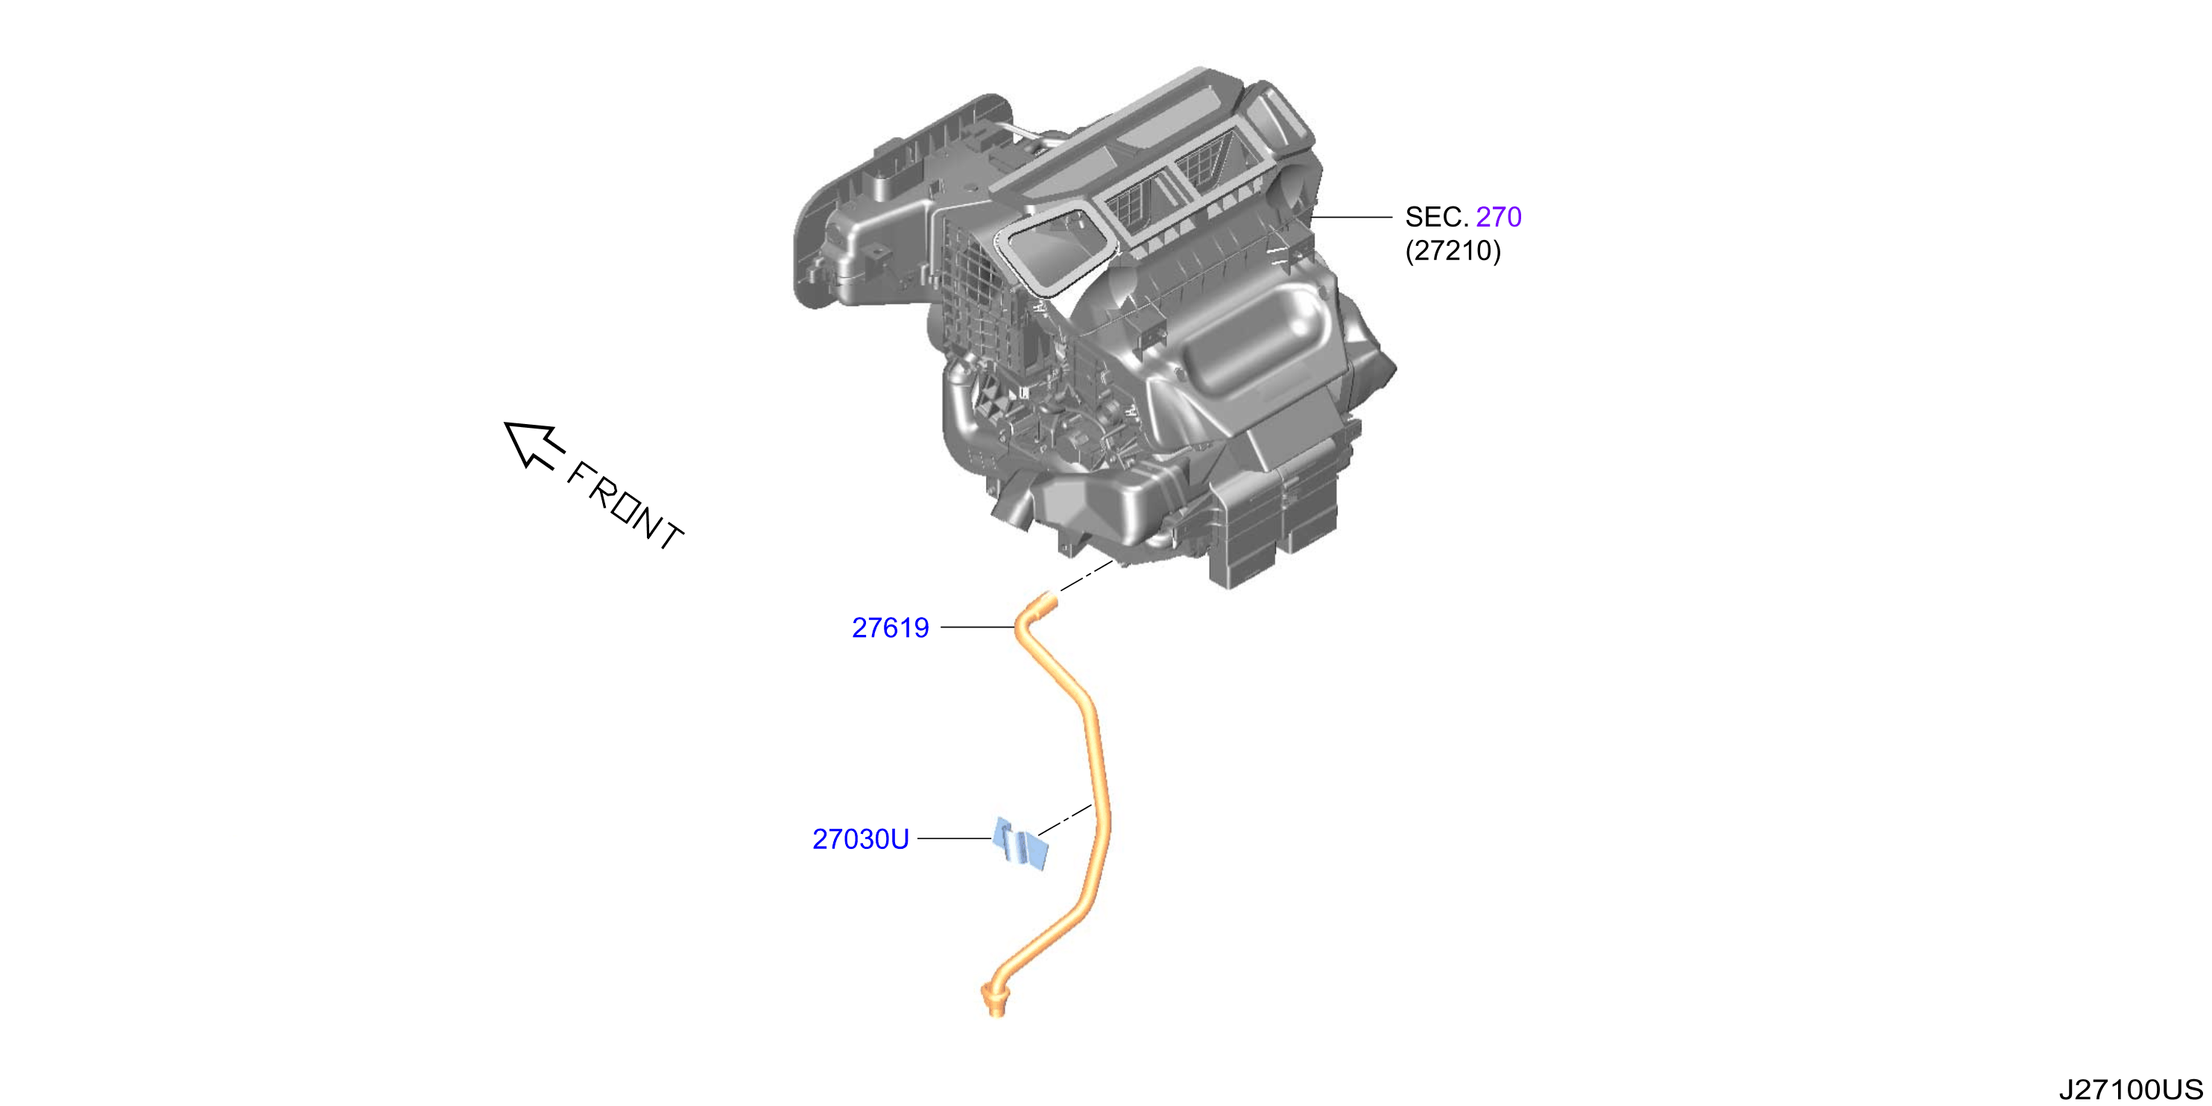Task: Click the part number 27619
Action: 890,628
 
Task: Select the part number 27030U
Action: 860,839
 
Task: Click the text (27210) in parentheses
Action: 1453,250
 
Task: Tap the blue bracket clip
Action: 1020,844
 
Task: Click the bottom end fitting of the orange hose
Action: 994,1001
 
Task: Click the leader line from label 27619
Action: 978,628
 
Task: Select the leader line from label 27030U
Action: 955,838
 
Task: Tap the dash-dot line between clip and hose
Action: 1065,820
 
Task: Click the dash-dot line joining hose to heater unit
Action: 1087,576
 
